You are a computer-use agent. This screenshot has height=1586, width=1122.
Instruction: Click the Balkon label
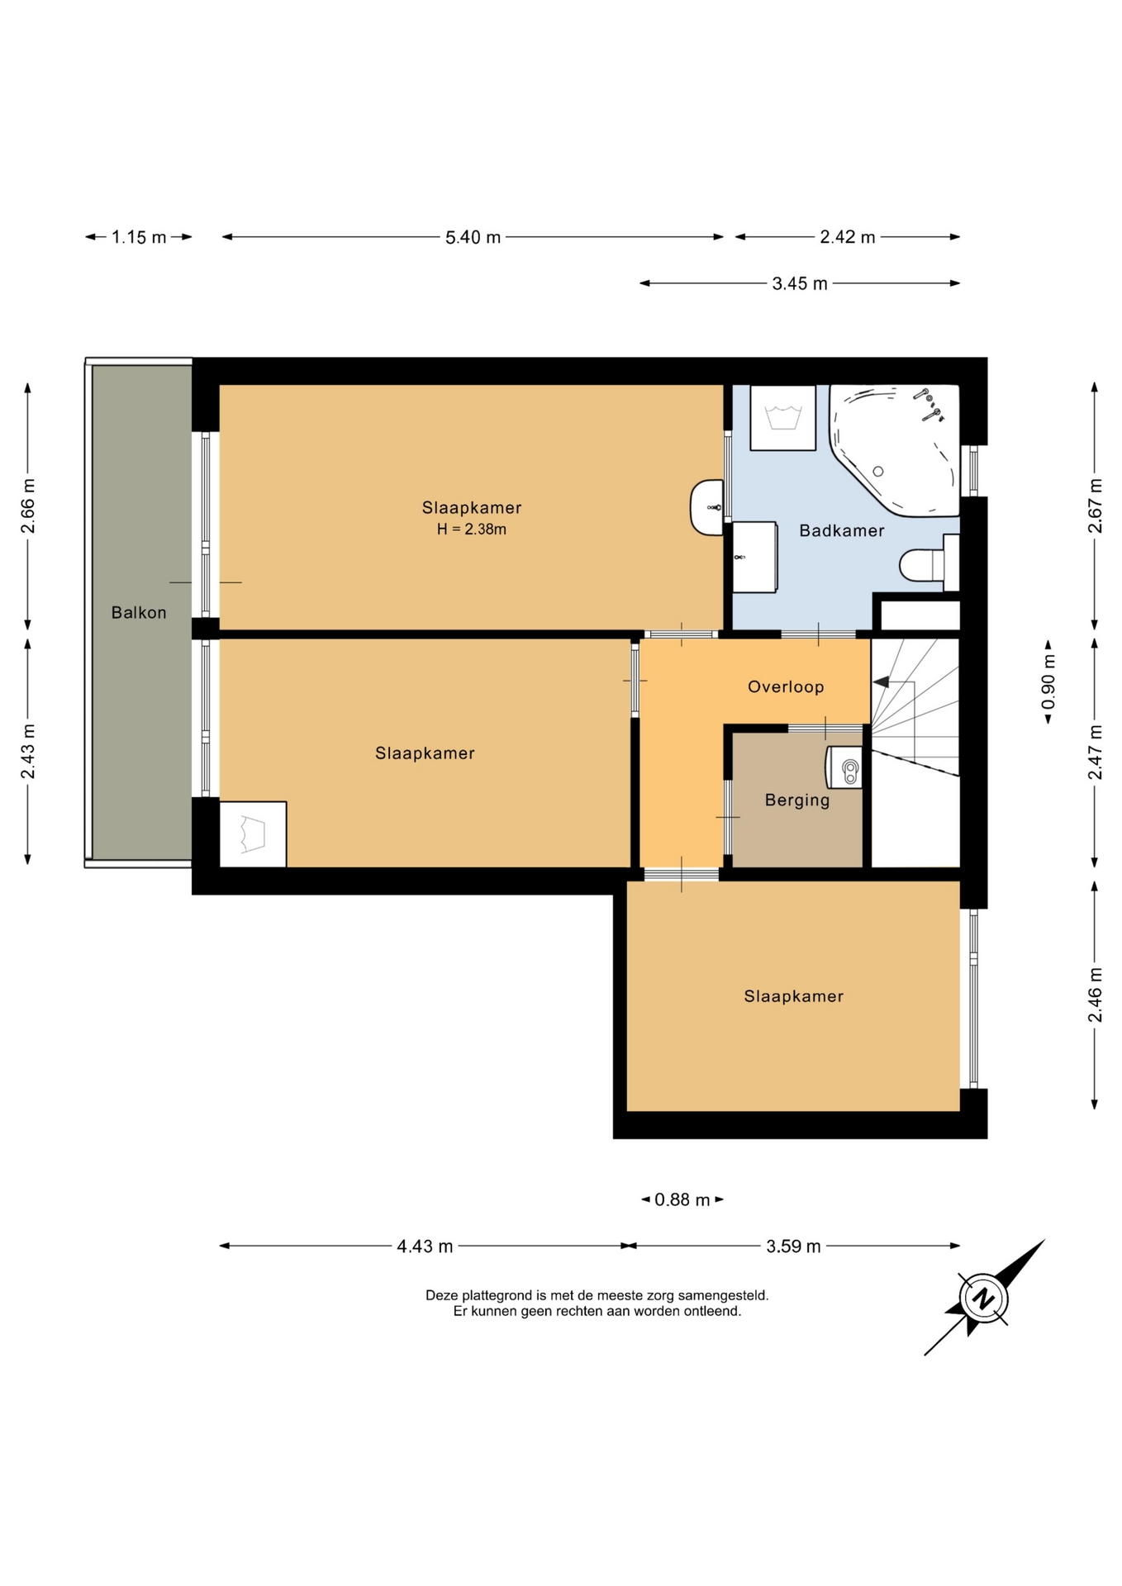[139, 612]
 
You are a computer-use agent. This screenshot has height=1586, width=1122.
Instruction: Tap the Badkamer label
[841, 530]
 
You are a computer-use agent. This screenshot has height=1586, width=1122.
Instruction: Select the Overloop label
[786, 686]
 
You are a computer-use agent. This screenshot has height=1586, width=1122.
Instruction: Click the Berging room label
[797, 800]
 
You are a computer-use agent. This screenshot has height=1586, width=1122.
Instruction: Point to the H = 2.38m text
[472, 529]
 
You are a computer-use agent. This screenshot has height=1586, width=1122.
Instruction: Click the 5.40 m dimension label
[473, 237]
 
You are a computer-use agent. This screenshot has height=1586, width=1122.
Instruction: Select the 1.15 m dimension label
[139, 237]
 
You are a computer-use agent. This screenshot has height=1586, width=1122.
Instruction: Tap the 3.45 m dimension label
[799, 283]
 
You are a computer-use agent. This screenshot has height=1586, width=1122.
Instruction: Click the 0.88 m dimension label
[682, 1199]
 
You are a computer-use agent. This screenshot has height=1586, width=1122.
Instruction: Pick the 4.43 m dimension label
[425, 1246]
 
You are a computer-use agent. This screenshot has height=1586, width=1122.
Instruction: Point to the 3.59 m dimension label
[793, 1246]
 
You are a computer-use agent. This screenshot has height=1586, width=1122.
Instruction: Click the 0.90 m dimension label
[1048, 681]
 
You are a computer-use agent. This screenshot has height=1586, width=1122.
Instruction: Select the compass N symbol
[982, 1299]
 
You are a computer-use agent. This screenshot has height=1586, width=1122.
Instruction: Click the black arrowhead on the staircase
[881, 682]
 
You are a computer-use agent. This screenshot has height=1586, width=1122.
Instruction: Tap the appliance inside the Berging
[844, 767]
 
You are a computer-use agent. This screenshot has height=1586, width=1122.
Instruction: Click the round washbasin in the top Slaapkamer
[707, 507]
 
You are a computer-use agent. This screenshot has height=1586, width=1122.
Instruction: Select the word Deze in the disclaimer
[442, 1295]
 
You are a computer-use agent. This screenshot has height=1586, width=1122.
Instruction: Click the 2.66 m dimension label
[28, 506]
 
